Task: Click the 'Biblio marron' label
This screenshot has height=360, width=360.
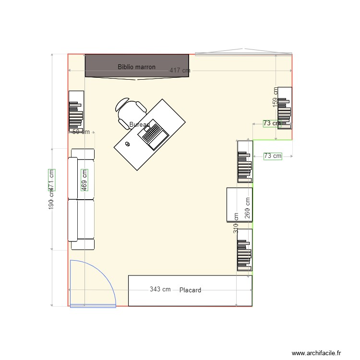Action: tap(136, 67)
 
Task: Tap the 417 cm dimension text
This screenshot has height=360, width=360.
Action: tap(180, 71)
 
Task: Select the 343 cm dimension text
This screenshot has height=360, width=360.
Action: tap(160, 289)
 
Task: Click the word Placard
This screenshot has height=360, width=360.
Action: tap(190, 290)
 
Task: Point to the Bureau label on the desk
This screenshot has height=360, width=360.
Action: tap(139, 125)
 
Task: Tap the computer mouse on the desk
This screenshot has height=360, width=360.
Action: tap(128, 144)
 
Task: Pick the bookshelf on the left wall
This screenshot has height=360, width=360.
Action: tap(76, 111)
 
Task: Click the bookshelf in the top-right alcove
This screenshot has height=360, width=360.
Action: tap(285, 108)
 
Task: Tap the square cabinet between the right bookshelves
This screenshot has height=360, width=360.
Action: tap(239, 205)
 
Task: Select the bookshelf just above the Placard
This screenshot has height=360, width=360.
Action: tap(244, 250)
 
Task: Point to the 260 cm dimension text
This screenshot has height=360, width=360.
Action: tap(248, 208)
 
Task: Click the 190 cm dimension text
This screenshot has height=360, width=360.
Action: tap(51, 198)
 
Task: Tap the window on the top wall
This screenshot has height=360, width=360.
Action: tap(243, 53)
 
